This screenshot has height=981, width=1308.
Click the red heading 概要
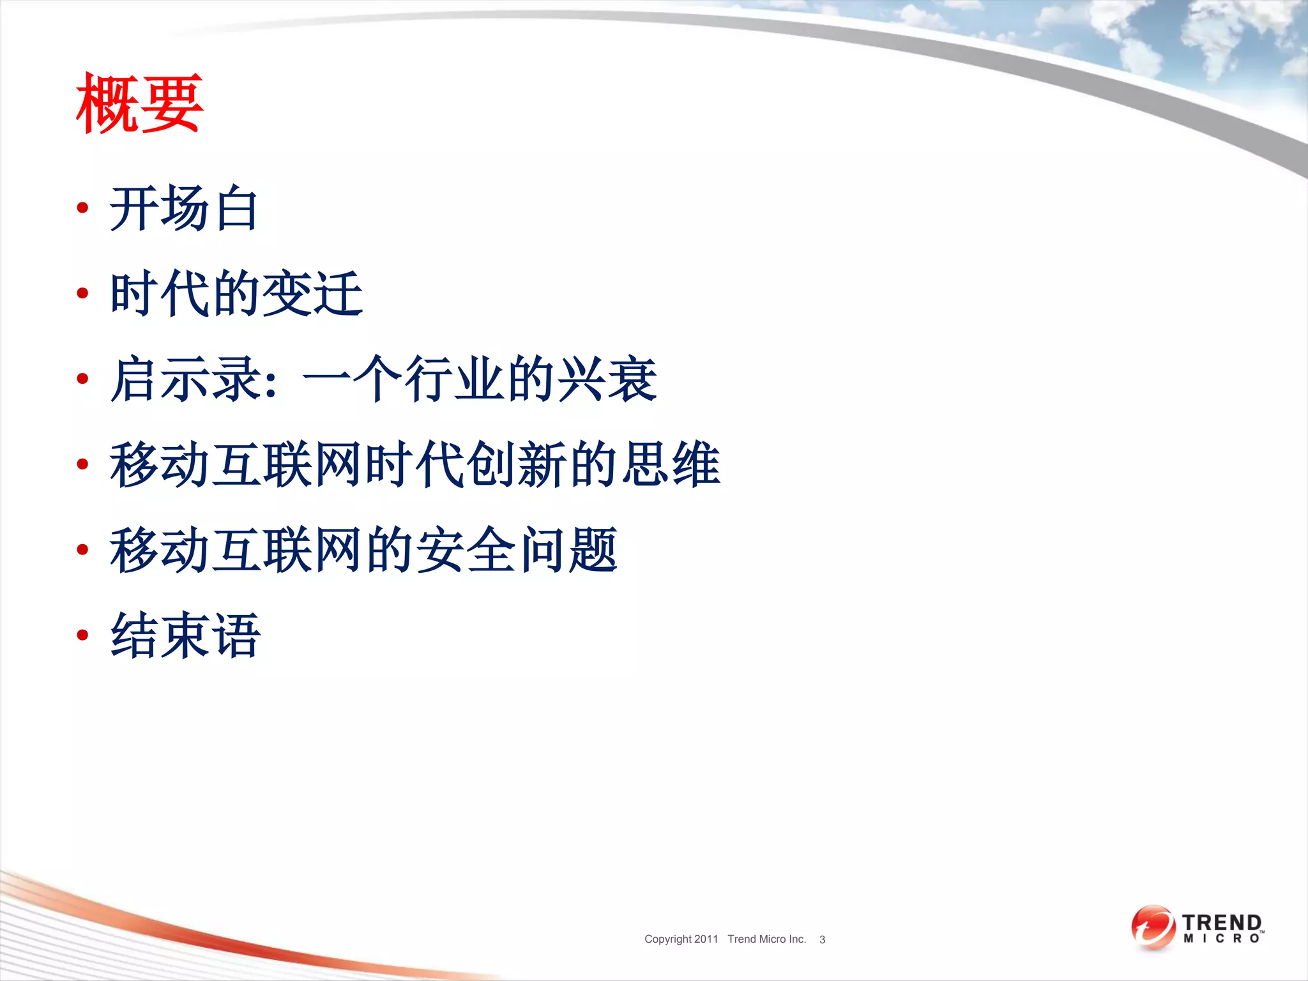tap(139, 103)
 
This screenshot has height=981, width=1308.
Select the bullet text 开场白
tap(184, 208)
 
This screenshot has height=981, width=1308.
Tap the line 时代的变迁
tap(236, 293)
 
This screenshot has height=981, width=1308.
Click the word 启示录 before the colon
tap(185, 379)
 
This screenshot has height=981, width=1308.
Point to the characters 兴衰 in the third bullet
tap(607, 379)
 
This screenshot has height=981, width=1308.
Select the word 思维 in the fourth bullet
tap(671, 464)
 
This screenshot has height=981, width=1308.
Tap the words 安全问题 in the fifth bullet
tap(517, 550)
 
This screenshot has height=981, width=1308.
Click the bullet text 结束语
tap(185, 635)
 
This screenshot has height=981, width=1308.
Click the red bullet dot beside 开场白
tap(82, 208)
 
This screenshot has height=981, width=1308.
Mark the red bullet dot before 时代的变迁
tap(82, 293)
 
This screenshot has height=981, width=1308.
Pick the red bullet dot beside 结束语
tap(82, 635)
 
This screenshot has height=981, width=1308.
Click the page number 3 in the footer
tap(822, 939)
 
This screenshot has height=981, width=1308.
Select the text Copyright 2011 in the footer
tap(681, 939)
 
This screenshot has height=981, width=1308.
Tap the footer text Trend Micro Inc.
tap(766, 939)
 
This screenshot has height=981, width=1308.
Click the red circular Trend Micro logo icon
tap(1153, 927)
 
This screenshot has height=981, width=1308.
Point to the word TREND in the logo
tap(1221, 922)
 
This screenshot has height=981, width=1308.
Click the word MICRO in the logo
tap(1221, 938)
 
